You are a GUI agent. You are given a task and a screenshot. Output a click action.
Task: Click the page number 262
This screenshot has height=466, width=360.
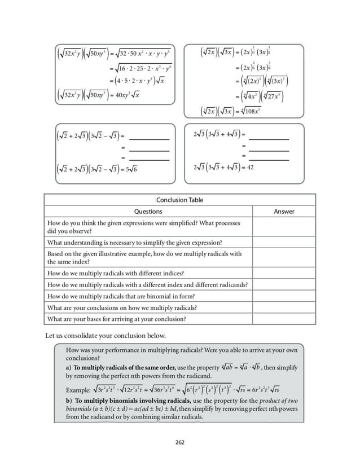180,442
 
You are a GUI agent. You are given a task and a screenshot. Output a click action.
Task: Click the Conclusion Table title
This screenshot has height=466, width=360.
180,200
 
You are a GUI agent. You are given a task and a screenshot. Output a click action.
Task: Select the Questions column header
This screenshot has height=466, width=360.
148,212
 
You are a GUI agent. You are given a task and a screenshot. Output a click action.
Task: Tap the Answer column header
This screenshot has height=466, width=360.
284,212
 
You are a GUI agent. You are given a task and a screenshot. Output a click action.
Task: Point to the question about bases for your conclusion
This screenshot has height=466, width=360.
117,319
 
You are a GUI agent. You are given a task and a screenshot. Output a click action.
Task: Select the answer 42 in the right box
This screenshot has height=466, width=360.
250,167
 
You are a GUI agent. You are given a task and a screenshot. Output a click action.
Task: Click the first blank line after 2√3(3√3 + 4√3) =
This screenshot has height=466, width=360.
269,139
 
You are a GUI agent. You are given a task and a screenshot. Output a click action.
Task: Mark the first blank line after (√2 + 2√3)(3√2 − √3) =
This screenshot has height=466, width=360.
149,139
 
